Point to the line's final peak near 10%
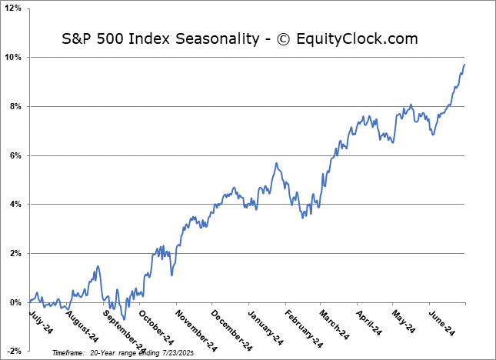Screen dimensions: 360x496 [464, 65]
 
